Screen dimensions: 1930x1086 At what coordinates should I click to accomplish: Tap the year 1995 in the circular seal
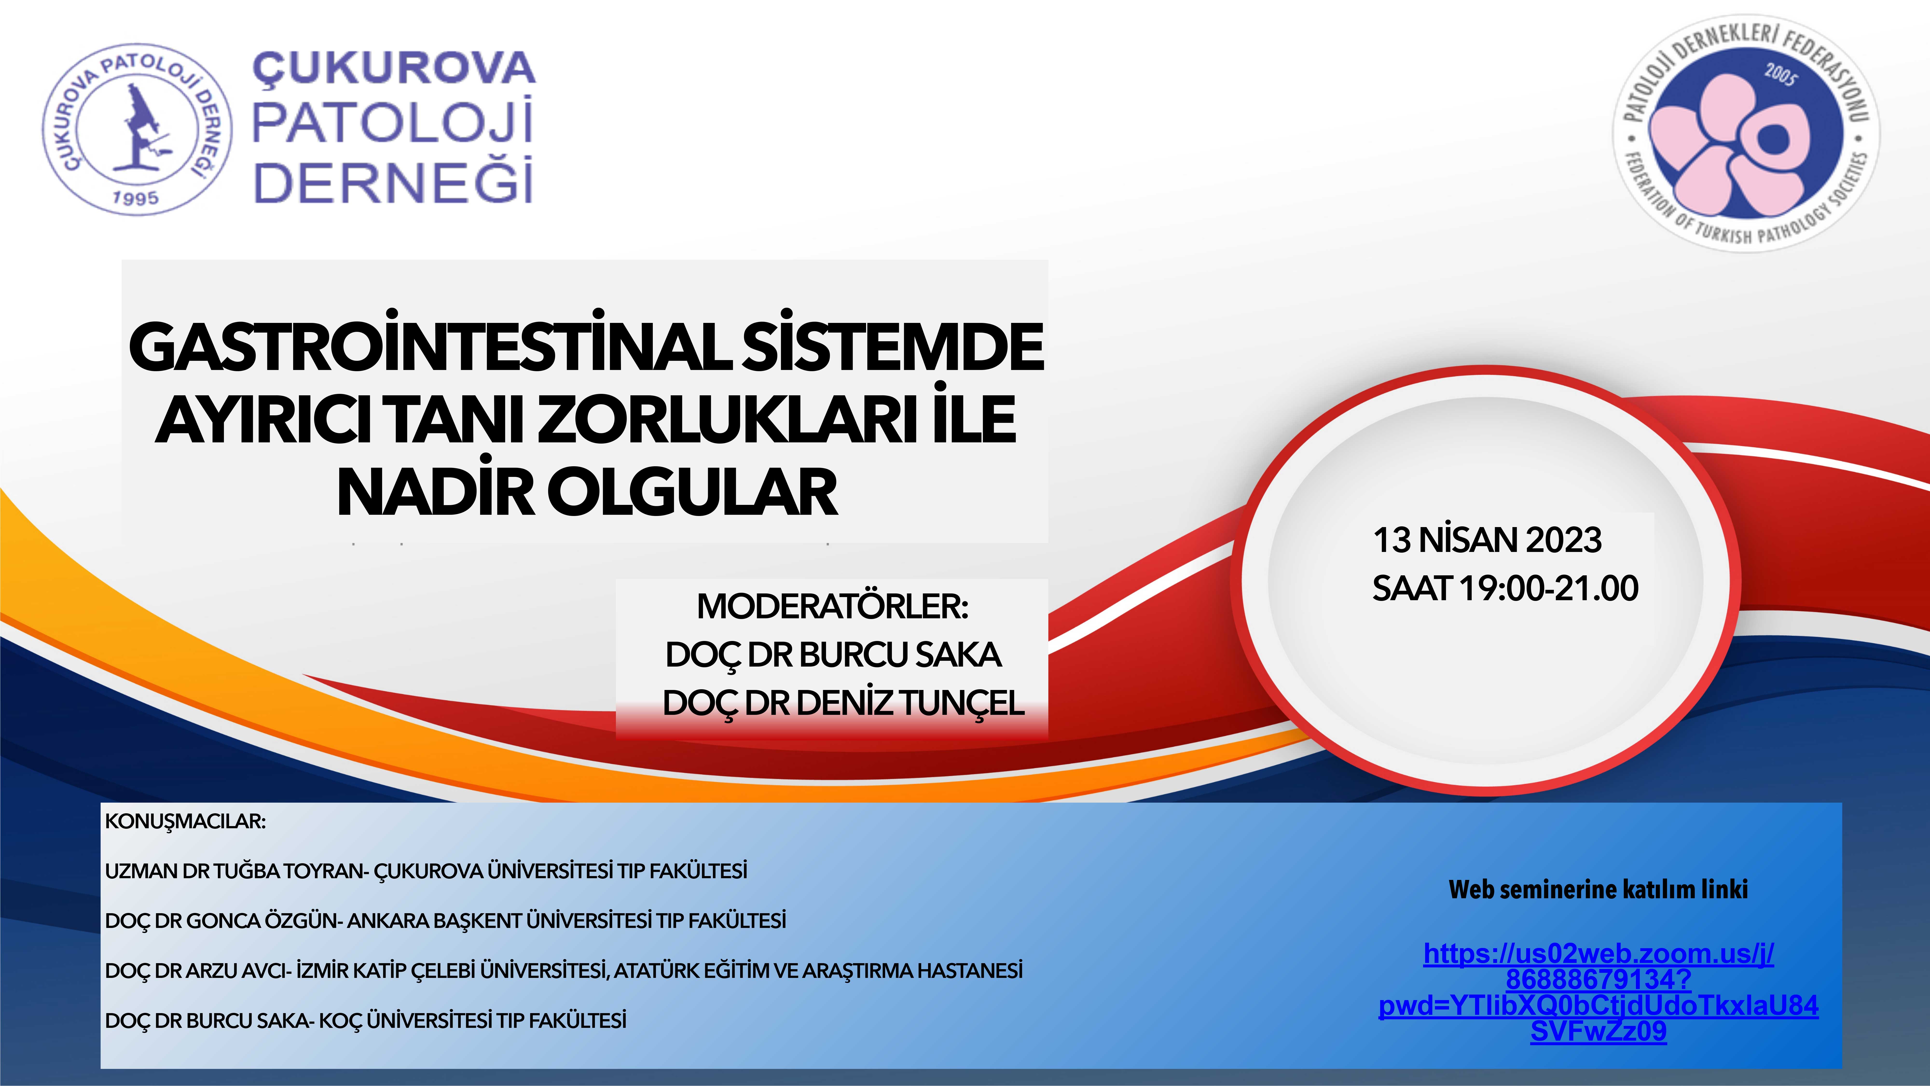click(x=136, y=198)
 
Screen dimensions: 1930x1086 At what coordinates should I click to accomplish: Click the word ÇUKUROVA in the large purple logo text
click(x=393, y=69)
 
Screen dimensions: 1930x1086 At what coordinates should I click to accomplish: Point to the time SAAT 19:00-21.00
click(x=1505, y=588)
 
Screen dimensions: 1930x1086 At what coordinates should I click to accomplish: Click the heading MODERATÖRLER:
click(x=832, y=606)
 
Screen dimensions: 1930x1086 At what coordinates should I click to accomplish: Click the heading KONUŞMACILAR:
click(x=185, y=821)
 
